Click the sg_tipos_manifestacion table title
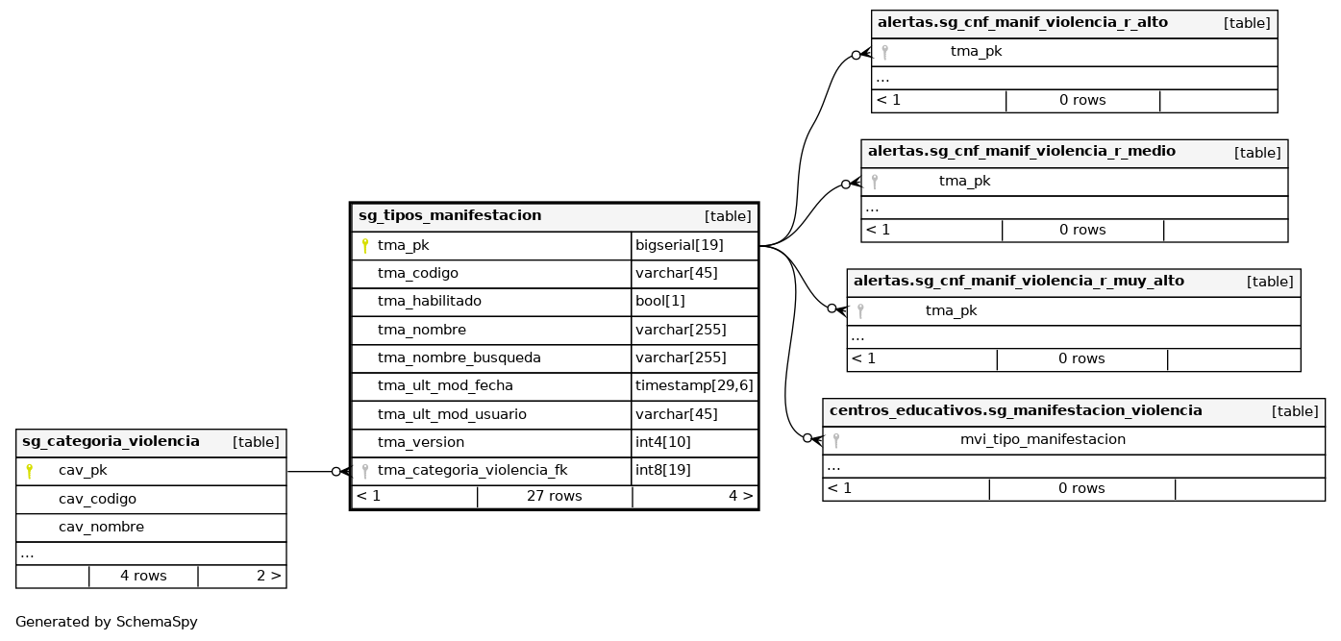(x=450, y=216)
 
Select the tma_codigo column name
(x=417, y=273)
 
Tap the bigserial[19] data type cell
(x=680, y=245)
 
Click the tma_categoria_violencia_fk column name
(x=472, y=471)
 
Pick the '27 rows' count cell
(x=554, y=496)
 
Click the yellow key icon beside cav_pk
(x=30, y=471)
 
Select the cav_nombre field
(x=101, y=527)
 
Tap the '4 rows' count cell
(x=143, y=576)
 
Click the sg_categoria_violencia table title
(x=111, y=442)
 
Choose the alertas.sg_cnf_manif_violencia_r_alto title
(x=1022, y=23)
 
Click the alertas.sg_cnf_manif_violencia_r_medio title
(x=1021, y=152)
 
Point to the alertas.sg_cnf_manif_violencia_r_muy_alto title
(x=1018, y=282)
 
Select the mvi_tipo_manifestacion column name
(x=1042, y=439)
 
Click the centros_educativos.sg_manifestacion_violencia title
(x=1015, y=410)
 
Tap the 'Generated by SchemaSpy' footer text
(x=107, y=622)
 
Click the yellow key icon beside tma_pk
(x=365, y=246)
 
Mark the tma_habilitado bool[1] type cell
(x=660, y=301)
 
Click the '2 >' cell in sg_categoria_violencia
(x=268, y=576)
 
